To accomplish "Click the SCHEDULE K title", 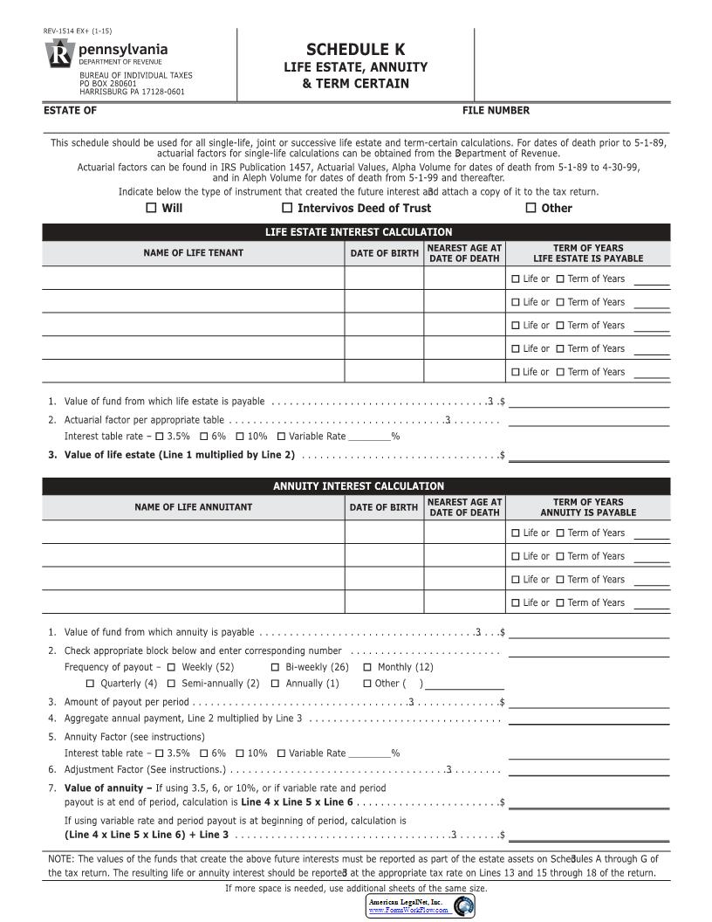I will (355, 50).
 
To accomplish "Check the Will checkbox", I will (151, 208).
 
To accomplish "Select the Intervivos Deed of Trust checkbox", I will (287, 208).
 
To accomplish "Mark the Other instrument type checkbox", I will (531, 208).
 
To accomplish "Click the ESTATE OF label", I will (71, 111).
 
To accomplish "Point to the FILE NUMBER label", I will (496, 111).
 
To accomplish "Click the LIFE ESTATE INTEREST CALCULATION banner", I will (359, 232).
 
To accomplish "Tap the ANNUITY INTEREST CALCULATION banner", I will (359, 486).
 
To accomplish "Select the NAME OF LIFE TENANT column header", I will (194, 253).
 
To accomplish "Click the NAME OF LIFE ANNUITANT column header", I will (194, 507).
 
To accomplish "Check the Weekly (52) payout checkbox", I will (171, 667).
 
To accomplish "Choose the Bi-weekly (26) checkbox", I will (276, 667).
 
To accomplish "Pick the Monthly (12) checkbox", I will (367, 667).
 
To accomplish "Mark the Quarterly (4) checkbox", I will (90, 684).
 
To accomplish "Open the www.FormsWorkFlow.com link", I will (408, 910).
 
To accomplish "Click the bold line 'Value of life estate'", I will (180, 455).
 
